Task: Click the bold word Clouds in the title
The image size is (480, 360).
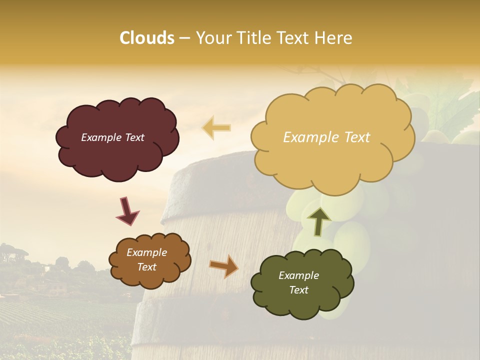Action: (x=146, y=38)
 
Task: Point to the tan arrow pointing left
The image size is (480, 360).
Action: (x=216, y=127)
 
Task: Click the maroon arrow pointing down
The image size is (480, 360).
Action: (x=127, y=210)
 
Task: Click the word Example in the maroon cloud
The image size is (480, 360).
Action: (x=101, y=137)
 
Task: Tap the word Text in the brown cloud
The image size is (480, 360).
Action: (x=146, y=267)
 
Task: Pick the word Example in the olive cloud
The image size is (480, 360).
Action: (x=298, y=275)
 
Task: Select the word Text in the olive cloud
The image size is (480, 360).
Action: (x=298, y=290)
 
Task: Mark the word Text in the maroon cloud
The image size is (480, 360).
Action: (x=134, y=137)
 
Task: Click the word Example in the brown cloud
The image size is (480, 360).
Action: (x=146, y=253)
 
